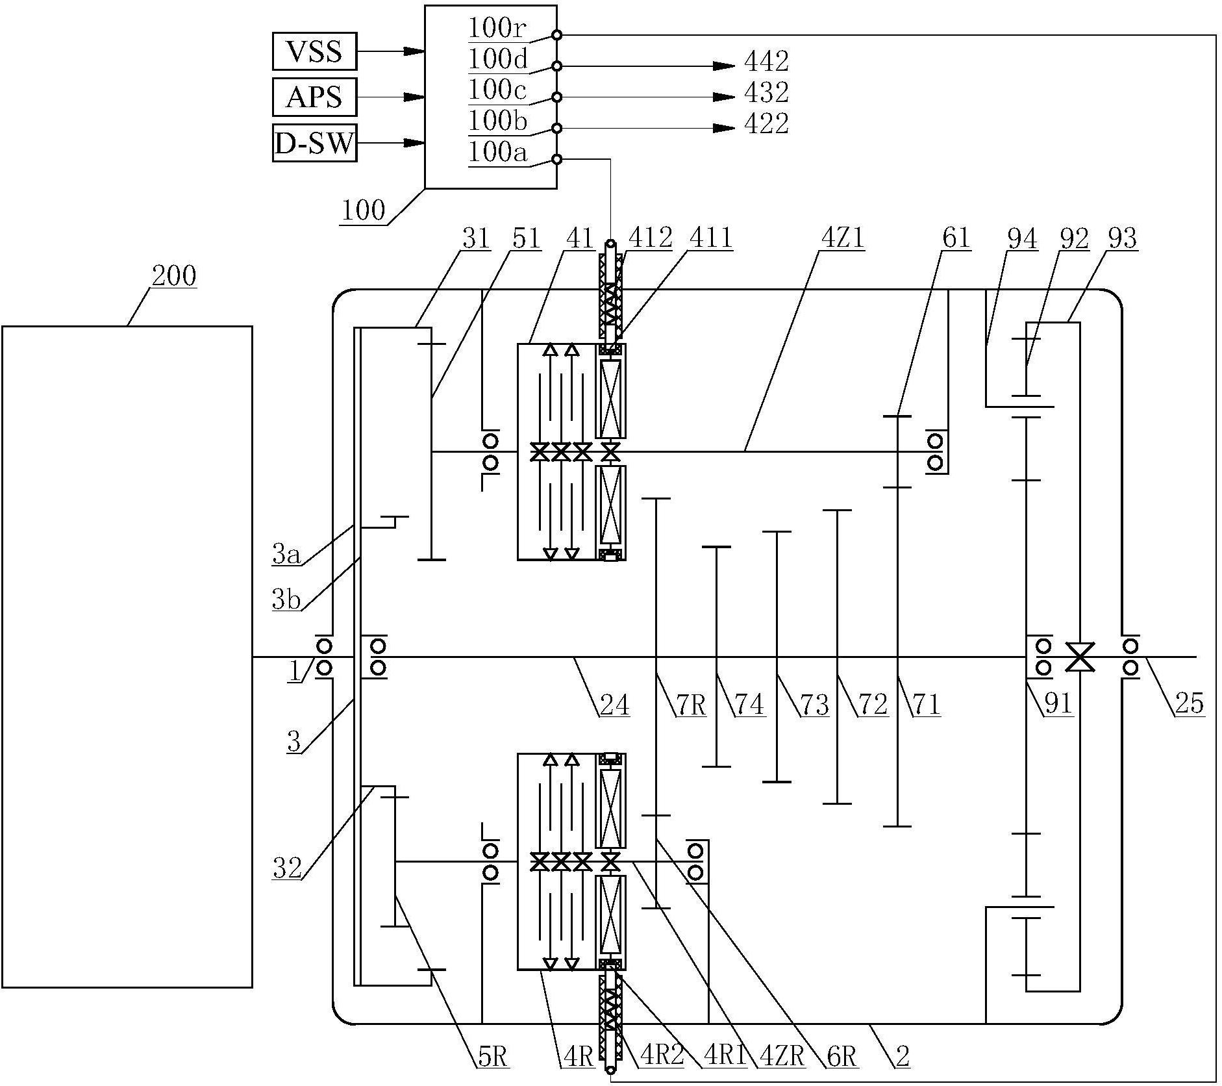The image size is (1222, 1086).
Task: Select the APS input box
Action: point(314,97)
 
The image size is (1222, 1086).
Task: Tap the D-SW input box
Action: point(314,143)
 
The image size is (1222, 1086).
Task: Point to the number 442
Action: point(766,62)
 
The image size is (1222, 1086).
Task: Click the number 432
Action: point(766,93)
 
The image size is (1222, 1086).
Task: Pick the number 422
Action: point(766,123)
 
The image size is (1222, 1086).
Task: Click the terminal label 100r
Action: point(497,29)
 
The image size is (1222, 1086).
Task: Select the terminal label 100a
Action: point(497,153)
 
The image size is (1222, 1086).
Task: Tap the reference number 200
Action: point(173,275)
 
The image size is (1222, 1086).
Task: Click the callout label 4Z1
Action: point(842,238)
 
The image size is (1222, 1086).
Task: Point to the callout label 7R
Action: point(691,704)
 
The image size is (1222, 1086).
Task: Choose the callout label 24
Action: point(614,704)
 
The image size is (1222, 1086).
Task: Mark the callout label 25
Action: point(1190,703)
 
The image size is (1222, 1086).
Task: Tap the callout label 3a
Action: point(286,555)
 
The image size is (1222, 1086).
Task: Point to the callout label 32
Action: point(288,868)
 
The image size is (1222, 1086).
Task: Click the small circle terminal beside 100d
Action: point(556,66)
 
